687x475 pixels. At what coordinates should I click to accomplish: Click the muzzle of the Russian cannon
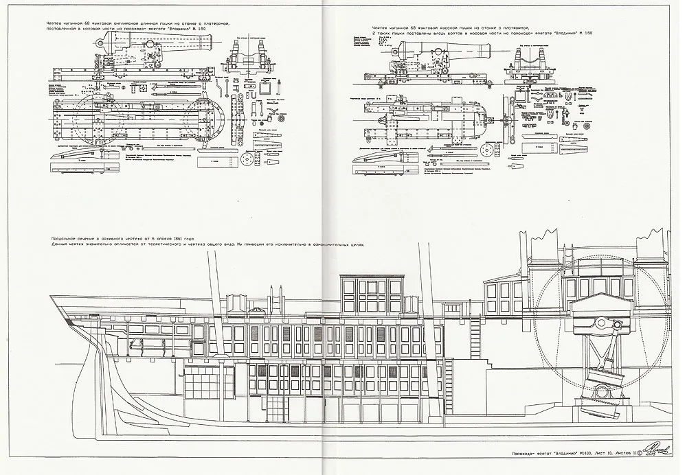pyautogui.click(x=489, y=51)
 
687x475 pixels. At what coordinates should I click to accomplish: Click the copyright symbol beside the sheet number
pyautogui.click(x=640, y=453)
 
